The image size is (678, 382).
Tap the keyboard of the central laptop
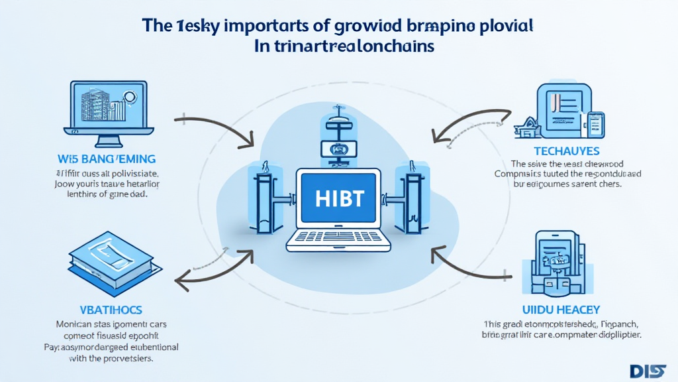pos(338,237)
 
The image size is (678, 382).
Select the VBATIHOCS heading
pos(105,310)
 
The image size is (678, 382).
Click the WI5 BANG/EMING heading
pos(107,159)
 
